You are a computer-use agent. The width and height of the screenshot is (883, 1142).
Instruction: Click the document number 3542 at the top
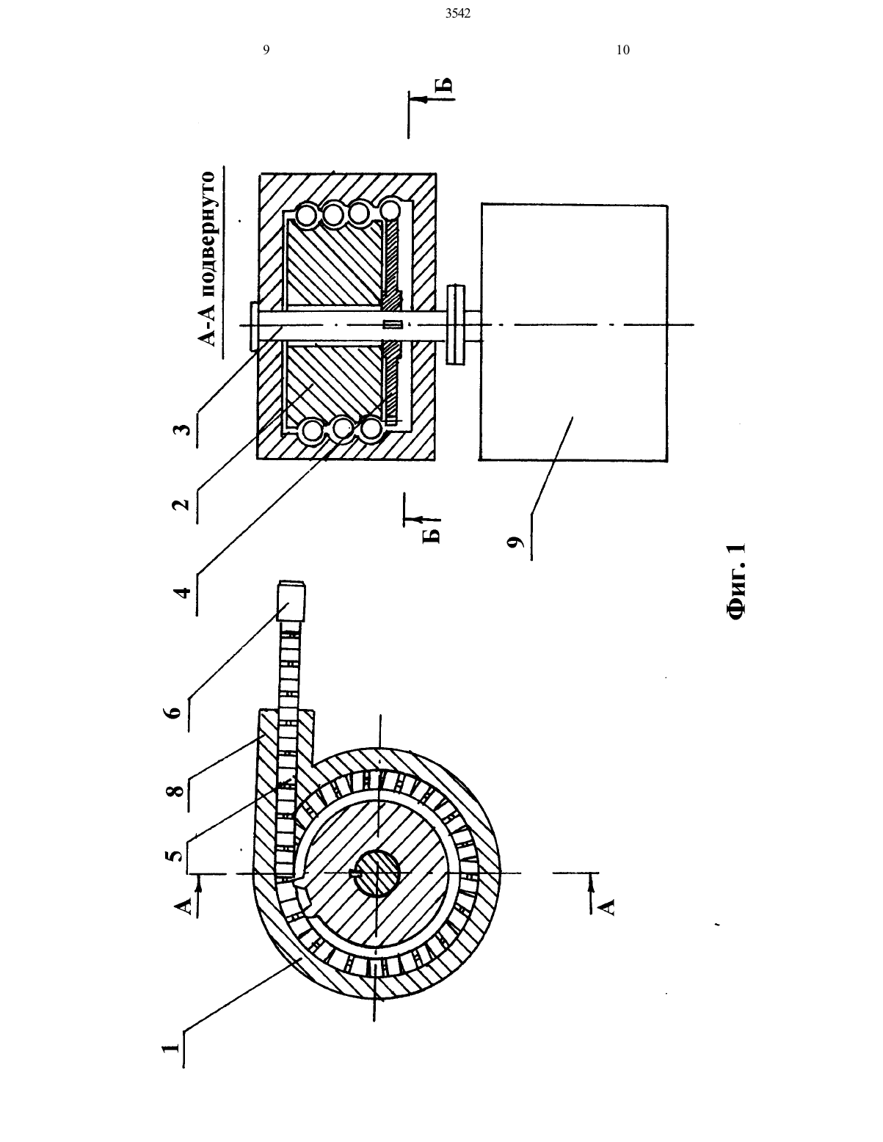458,14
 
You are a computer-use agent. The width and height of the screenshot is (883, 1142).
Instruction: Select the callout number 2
181,504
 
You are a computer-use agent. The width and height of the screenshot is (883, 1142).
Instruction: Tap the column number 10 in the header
623,50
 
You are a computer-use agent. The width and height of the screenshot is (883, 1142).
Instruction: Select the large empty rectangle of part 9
573,333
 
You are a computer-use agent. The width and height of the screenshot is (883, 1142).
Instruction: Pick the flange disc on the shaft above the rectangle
457,325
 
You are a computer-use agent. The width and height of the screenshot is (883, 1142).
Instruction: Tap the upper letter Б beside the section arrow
445,86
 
